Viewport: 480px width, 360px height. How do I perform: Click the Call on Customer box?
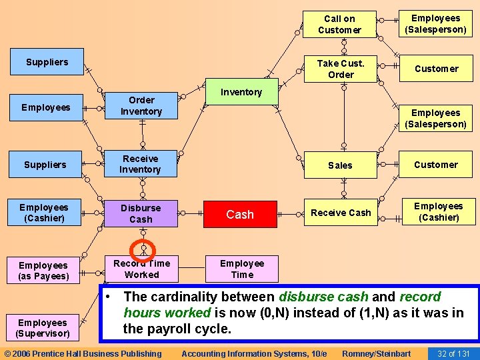pyautogui.click(x=339, y=25)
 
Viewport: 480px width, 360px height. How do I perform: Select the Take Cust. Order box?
pyautogui.click(x=340, y=69)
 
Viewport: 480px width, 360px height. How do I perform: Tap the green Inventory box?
pyautogui.click(x=241, y=92)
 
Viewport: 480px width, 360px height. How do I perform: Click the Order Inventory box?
pyautogui.click(x=141, y=105)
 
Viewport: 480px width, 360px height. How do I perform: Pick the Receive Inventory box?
pyautogui.click(x=141, y=164)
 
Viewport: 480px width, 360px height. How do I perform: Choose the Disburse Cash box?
pyautogui.click(x=141, y=213)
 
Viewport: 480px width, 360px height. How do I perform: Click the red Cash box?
pyautogui.click(x=240, y=214)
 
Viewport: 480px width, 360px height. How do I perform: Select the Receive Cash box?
pyautogui.click(x=341, y=213)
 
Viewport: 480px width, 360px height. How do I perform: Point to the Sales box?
pyautogui.click(x=340, y=165)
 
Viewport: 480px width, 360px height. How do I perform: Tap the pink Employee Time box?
pyautogui.click(x=242, y=269)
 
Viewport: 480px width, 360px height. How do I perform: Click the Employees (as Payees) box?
pyautogui.click(x=43, y=271)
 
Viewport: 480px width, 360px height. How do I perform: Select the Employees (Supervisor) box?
pyautogui.click(x=43, y=328)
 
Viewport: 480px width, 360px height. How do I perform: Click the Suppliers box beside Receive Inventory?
pyautogui.click(x=45, y=165)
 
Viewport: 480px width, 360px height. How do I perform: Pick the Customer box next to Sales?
pyautogui.click(x=436, y=165)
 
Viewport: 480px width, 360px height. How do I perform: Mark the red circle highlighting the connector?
pyautogui.click(x=143, y=251)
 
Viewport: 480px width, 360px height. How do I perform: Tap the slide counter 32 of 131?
pyautogui.click(x=453, y=353)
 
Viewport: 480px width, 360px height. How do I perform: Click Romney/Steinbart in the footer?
pyautogui.click(x=376, y=353)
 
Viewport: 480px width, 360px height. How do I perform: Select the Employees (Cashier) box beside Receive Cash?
pyautogui.click(x=438, y=211)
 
